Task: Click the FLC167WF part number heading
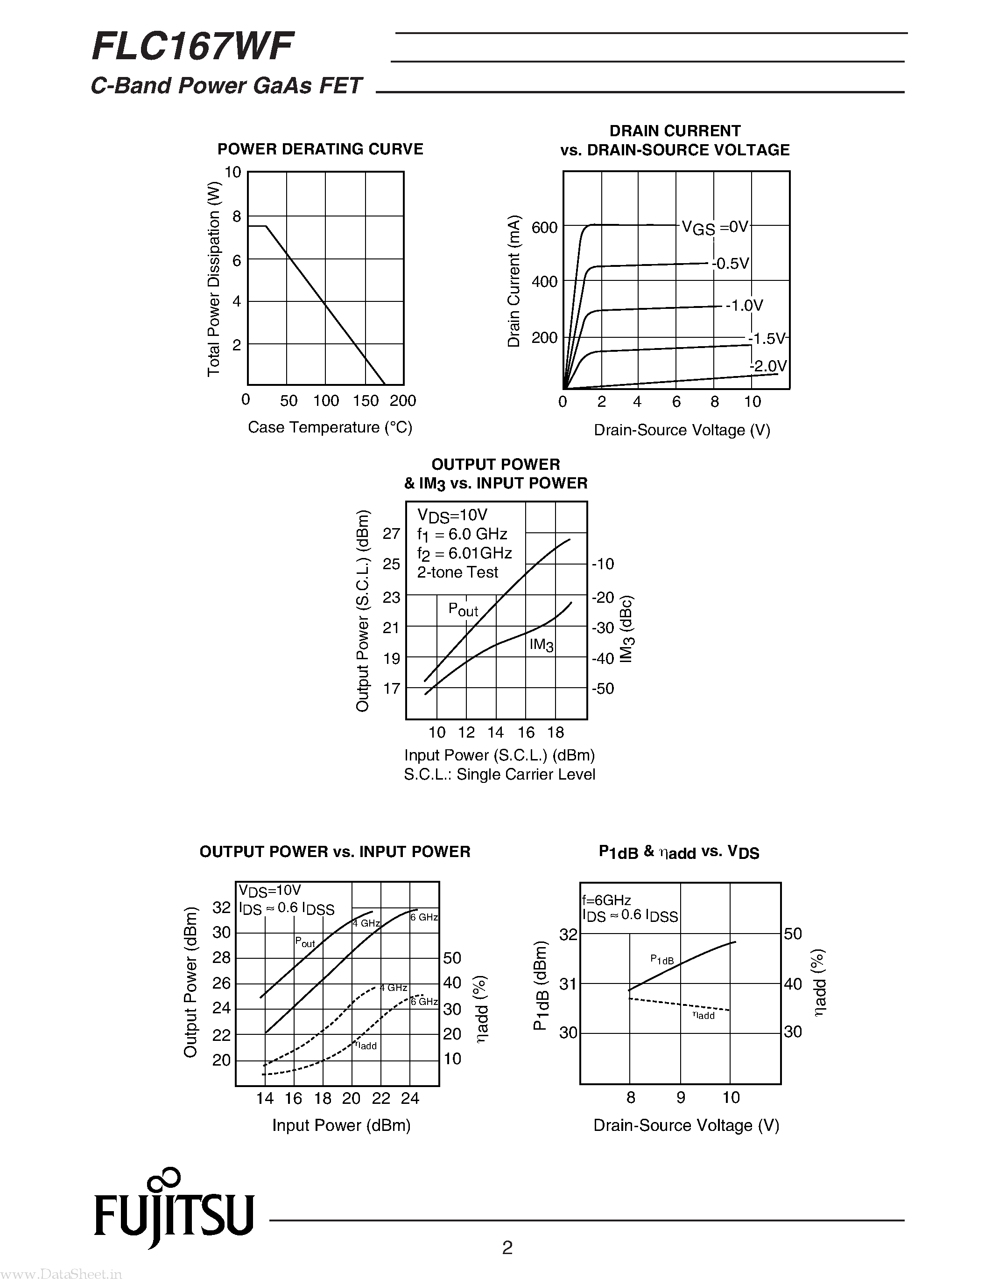coord(193,47)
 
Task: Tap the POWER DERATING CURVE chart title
coord(320,149)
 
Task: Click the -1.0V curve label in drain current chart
coord(744,306)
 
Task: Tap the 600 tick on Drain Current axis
coord(544,227)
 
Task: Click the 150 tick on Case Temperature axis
coord(366,401)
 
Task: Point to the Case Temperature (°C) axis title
coord(330,427)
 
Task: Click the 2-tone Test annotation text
coord(457,572)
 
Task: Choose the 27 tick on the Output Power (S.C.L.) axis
coord(391,533)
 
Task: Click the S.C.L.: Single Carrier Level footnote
coord(500,774)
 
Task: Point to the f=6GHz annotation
coord(606,900)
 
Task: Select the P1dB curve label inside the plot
coord(662,960)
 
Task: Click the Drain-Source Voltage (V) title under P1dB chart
coord(686,1125)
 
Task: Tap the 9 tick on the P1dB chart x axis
coord(681,1097)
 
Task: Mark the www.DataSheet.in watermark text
coord(62,1274)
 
